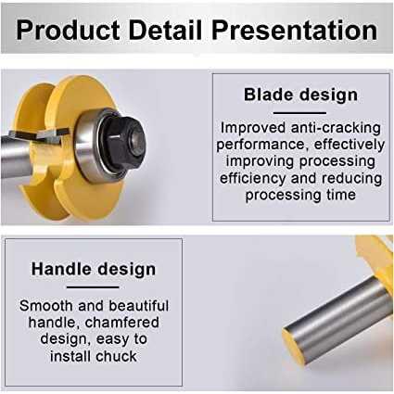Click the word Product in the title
point(68,31)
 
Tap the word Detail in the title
point(165,30)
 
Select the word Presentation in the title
point(294,31)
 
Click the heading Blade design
point(300,95)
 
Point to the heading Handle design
point(94,269)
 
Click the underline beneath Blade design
point(299,113)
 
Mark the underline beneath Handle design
point(93,287)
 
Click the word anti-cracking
point(336,128)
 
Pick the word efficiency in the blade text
point(253,178)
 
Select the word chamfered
point(122,323)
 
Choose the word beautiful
point(139,306)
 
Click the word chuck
point(116,356)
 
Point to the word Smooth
point(45,306)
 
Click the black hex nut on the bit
point(123,143)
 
